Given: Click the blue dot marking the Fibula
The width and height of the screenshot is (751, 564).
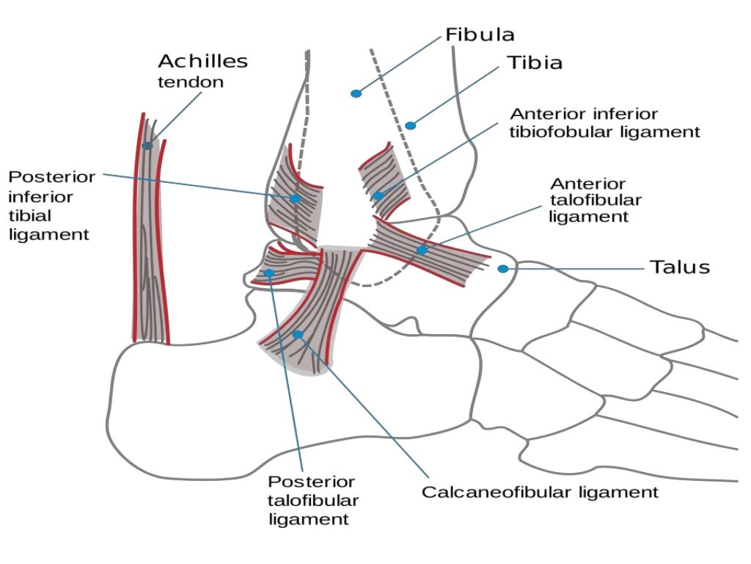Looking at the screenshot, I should click(x=356, y=93).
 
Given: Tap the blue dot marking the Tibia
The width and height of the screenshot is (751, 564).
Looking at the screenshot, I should click(x=411, y=126).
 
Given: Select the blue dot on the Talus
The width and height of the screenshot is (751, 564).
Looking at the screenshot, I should click(x=502, y=269).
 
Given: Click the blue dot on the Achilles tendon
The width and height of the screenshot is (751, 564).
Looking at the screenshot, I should click(x=147, y=145).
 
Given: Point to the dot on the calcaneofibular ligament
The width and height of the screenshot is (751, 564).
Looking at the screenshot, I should click(x=298, y=334).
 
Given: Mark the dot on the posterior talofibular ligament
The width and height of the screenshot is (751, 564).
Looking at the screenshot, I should click(x=269, y=273).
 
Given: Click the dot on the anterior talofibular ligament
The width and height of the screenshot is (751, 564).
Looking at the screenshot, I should click(x=422, y=250).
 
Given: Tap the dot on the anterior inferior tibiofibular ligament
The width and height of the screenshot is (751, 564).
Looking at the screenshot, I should click(x=378, y=195).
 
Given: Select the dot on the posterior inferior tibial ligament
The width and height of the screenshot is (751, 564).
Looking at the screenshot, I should click(x=295, y=198).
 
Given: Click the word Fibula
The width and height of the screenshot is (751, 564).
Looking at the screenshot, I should click(x=480, y=35).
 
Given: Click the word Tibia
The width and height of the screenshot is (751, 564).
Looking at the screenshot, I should click(x=535, y=63).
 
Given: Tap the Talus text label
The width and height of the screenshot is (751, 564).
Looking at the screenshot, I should click(x=680, y=267).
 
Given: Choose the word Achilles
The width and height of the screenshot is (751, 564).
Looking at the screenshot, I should click(x=202, y=61).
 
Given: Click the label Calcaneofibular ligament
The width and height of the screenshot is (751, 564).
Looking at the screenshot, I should click(x=539, y=492).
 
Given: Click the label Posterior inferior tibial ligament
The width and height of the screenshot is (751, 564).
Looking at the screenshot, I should click(x=51, y=206).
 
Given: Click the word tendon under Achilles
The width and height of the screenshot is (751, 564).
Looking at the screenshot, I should click(x=191, y=82).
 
